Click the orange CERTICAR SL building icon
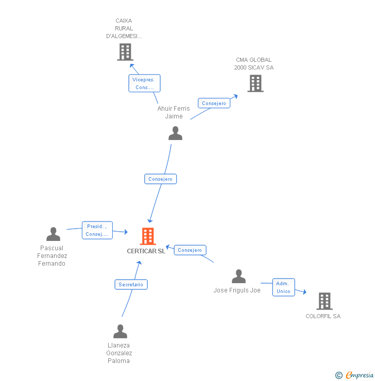click(148, 236)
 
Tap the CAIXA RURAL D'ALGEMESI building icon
click(125, 52)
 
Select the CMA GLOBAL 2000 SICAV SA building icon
click(255, 83)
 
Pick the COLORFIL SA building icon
click(324, 301)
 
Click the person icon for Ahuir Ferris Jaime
click(176, 133)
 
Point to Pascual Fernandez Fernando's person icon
click(53, 234)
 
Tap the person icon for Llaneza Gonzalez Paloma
click(120, 331)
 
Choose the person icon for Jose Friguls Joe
click(238, 276)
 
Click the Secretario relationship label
click(131, 284)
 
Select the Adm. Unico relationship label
click(283, 287)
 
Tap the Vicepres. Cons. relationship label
click(144, 83)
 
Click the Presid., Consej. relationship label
click(97, 230)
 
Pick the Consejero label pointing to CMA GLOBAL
click(214, 103)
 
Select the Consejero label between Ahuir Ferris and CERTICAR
click(160, 179)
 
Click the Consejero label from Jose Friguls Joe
click(190, 250)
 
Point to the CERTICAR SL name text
click(146, 251)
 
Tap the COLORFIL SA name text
click(323, 316)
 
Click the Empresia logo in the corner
click(360, 375)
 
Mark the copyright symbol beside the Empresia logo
click(339, 375)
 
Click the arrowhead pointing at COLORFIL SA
click(304, 292)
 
